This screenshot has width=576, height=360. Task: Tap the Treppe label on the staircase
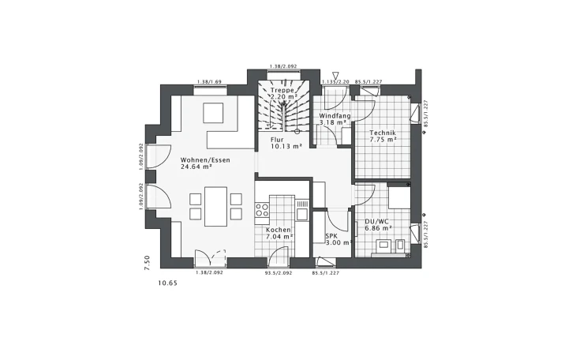(x=282, y=91)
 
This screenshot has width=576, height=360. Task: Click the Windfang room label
(x=334, y=116)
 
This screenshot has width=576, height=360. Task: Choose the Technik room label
(x=382, y=133)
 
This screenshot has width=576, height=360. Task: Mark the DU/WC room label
(x=376, y=221)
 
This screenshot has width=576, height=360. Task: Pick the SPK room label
(x=332, y=235)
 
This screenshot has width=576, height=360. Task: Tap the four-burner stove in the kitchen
(x=262, y=210)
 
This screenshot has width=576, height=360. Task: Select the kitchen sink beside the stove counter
(x=301, y=210)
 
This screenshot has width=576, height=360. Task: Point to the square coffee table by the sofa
(x=214, y=114)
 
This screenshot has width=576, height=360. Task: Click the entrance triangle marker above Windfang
(x=335, y=75)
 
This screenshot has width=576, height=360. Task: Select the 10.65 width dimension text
(x=167, y=282)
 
